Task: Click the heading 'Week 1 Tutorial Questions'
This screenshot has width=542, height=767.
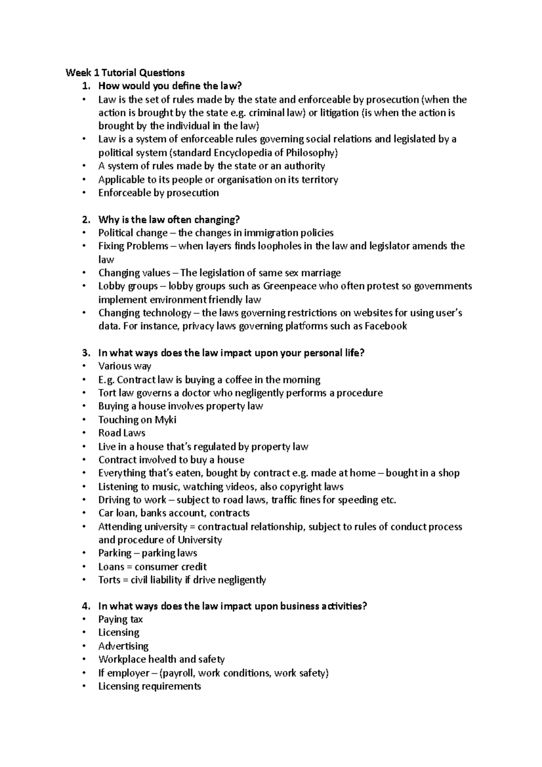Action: point(125,73)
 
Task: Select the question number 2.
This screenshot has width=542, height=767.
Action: point(86,220)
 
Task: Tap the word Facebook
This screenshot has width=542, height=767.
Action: point(386,326)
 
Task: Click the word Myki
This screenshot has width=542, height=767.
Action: point(165,420)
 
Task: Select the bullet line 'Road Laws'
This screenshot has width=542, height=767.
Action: point(121,433)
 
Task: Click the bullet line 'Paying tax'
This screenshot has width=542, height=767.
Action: point(120,620)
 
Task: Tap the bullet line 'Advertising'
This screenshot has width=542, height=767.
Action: point(123,646)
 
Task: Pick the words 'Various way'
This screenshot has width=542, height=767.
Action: point(125,366)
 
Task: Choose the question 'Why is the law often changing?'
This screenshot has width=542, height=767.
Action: point(169,220)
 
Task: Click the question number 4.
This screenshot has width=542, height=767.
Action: point(86,606)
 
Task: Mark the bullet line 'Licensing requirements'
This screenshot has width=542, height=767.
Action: point(150,687)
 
